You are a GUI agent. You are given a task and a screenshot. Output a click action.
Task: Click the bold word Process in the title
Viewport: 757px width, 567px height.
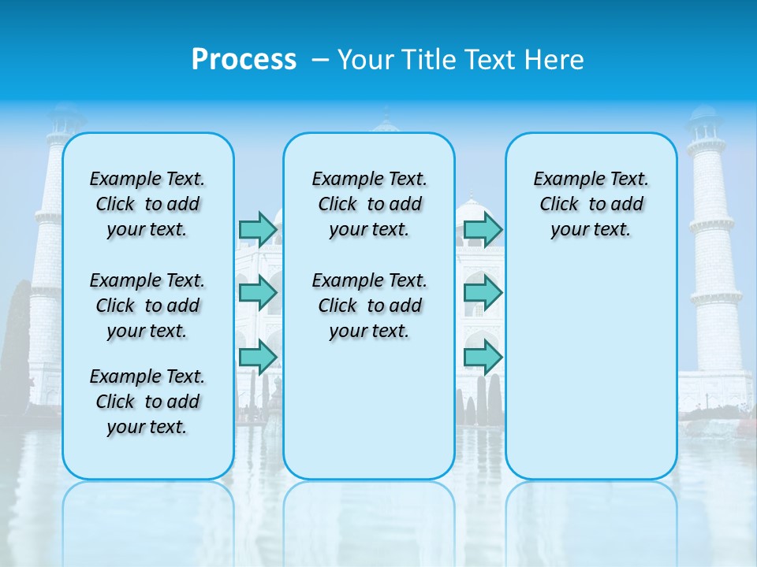(x=244, y=60)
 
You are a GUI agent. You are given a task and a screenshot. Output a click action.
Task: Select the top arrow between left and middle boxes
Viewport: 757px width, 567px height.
(x=258, y=229)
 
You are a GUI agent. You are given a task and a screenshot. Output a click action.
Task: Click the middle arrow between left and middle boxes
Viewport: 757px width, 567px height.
(x=258, y=293)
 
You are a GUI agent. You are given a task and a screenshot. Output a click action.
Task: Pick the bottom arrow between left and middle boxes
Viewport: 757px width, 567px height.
(x=258, y=358)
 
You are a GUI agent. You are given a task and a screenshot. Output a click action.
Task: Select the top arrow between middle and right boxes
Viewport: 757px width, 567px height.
(x=483, y=229)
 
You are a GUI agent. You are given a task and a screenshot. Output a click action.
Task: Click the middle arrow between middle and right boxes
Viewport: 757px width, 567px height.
(x=483, y=293)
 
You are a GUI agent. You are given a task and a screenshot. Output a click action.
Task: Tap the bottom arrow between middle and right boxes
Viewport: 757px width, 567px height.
(x=483, y=358)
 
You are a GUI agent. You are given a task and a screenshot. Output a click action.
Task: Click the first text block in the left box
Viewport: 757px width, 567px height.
(x=147, y=204)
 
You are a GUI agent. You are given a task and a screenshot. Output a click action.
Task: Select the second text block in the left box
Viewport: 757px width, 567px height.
(x=147, y=306)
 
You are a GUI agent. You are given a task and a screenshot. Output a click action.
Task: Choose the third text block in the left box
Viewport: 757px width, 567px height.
(x=147, y=402)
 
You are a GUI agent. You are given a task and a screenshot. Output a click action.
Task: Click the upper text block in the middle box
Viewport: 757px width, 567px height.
(x=369, y=204)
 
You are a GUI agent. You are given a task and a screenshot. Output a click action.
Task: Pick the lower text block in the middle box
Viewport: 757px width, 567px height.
(x=369, y=306)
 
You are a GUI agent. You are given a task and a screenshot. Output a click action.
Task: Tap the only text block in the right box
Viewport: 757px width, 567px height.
(x=591, y=204)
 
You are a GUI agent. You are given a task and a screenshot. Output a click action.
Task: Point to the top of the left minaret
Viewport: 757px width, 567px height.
(x=65, y=110)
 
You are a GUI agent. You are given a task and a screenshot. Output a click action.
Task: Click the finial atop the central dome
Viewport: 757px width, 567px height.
(x=386, y=114)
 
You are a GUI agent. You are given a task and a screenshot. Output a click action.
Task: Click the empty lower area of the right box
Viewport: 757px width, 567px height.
(x=591, y=370)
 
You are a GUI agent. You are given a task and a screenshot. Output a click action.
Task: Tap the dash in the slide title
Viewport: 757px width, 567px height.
(x=320, y=60)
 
